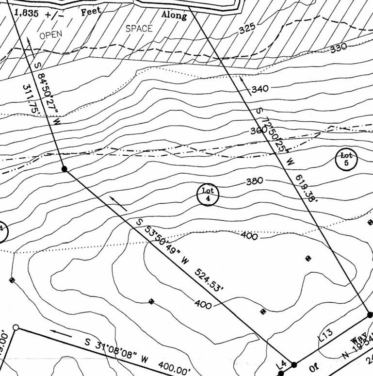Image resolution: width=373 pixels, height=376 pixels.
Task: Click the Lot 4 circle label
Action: pyautogui.click(x=208, y=194)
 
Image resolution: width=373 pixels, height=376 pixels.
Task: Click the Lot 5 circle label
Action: pyautogui.click(x=346, y=159)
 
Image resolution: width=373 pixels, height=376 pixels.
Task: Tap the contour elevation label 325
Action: pyautogui.click(x=246, y=29)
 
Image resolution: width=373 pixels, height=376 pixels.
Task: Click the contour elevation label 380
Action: pyautogui.click(x=254, y=181)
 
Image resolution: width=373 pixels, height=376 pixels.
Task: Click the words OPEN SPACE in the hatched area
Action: pyautogui.click(x=96, y=32)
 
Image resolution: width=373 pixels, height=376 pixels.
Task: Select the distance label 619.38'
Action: pyautogui.click(x=305, y=188)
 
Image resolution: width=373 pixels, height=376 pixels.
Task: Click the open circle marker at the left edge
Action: pyautogui.click(x=16, y=328)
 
